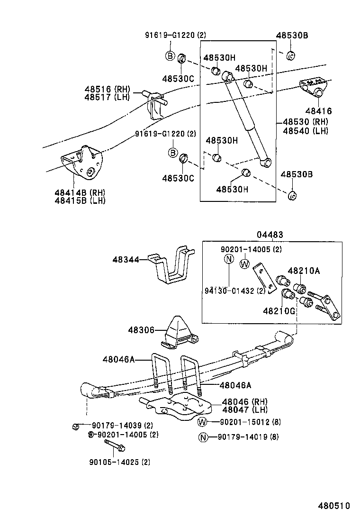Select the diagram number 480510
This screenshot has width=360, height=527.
334,505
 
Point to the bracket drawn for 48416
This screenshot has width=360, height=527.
313,88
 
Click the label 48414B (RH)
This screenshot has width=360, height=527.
79,192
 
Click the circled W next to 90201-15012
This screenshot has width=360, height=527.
202,422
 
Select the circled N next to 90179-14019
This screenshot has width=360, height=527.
202,437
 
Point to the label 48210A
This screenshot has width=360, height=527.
304,271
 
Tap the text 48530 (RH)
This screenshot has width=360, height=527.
305,122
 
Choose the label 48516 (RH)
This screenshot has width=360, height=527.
107,89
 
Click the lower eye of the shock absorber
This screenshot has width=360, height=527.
266,163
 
